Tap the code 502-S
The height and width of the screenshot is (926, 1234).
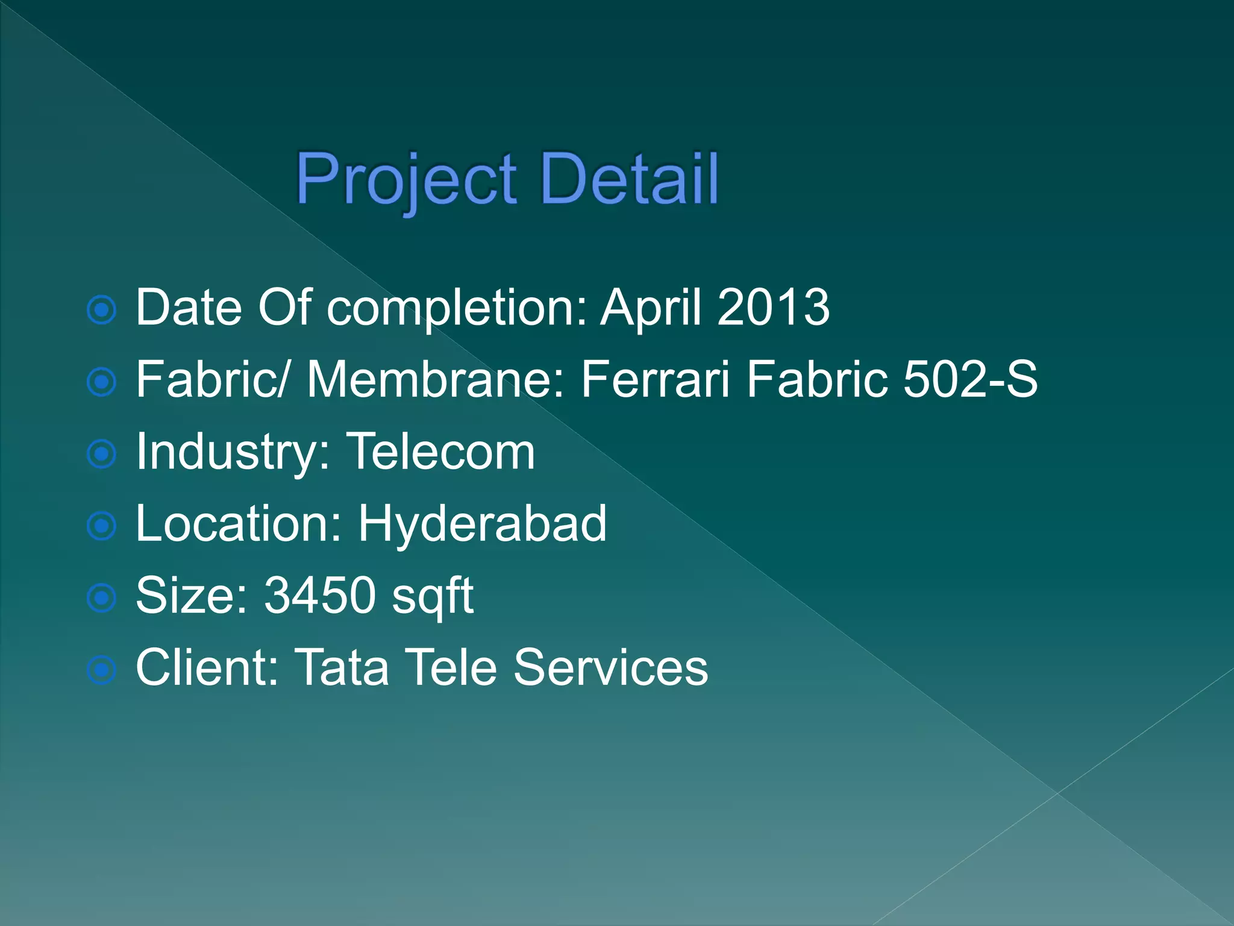click(x=970, y=379)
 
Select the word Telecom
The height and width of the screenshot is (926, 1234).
click(x=440, y=452)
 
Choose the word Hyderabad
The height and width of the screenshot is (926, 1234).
click(x=482, y=524)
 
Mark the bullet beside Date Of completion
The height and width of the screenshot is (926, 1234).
click(x=102, y=310)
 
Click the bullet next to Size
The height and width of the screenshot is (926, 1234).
click(x=102, y=599)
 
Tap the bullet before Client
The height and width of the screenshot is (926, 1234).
click(x=102, y=670)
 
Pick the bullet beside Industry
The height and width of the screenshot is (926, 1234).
click(x=102, y=454)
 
